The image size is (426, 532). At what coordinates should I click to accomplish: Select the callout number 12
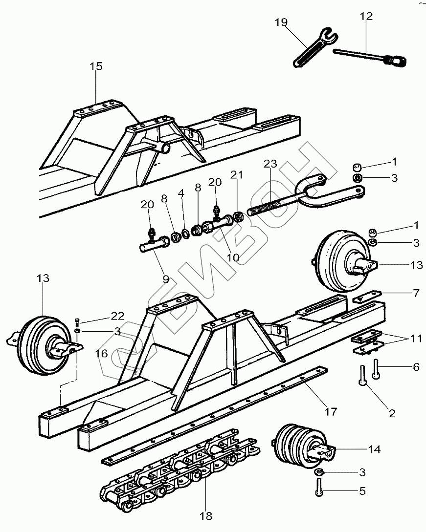[366, 16]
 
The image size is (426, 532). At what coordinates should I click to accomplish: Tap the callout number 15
[96, 66]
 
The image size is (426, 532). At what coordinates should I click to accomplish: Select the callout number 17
[331, 412]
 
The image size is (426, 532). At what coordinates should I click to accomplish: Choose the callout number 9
[166, 279]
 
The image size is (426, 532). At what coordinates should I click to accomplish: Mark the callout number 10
[233, 256]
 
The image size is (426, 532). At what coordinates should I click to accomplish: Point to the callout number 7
[416, 294]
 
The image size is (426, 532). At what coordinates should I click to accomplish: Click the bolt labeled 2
[363, 376]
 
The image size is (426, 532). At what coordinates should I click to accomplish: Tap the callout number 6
[416, 366]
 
